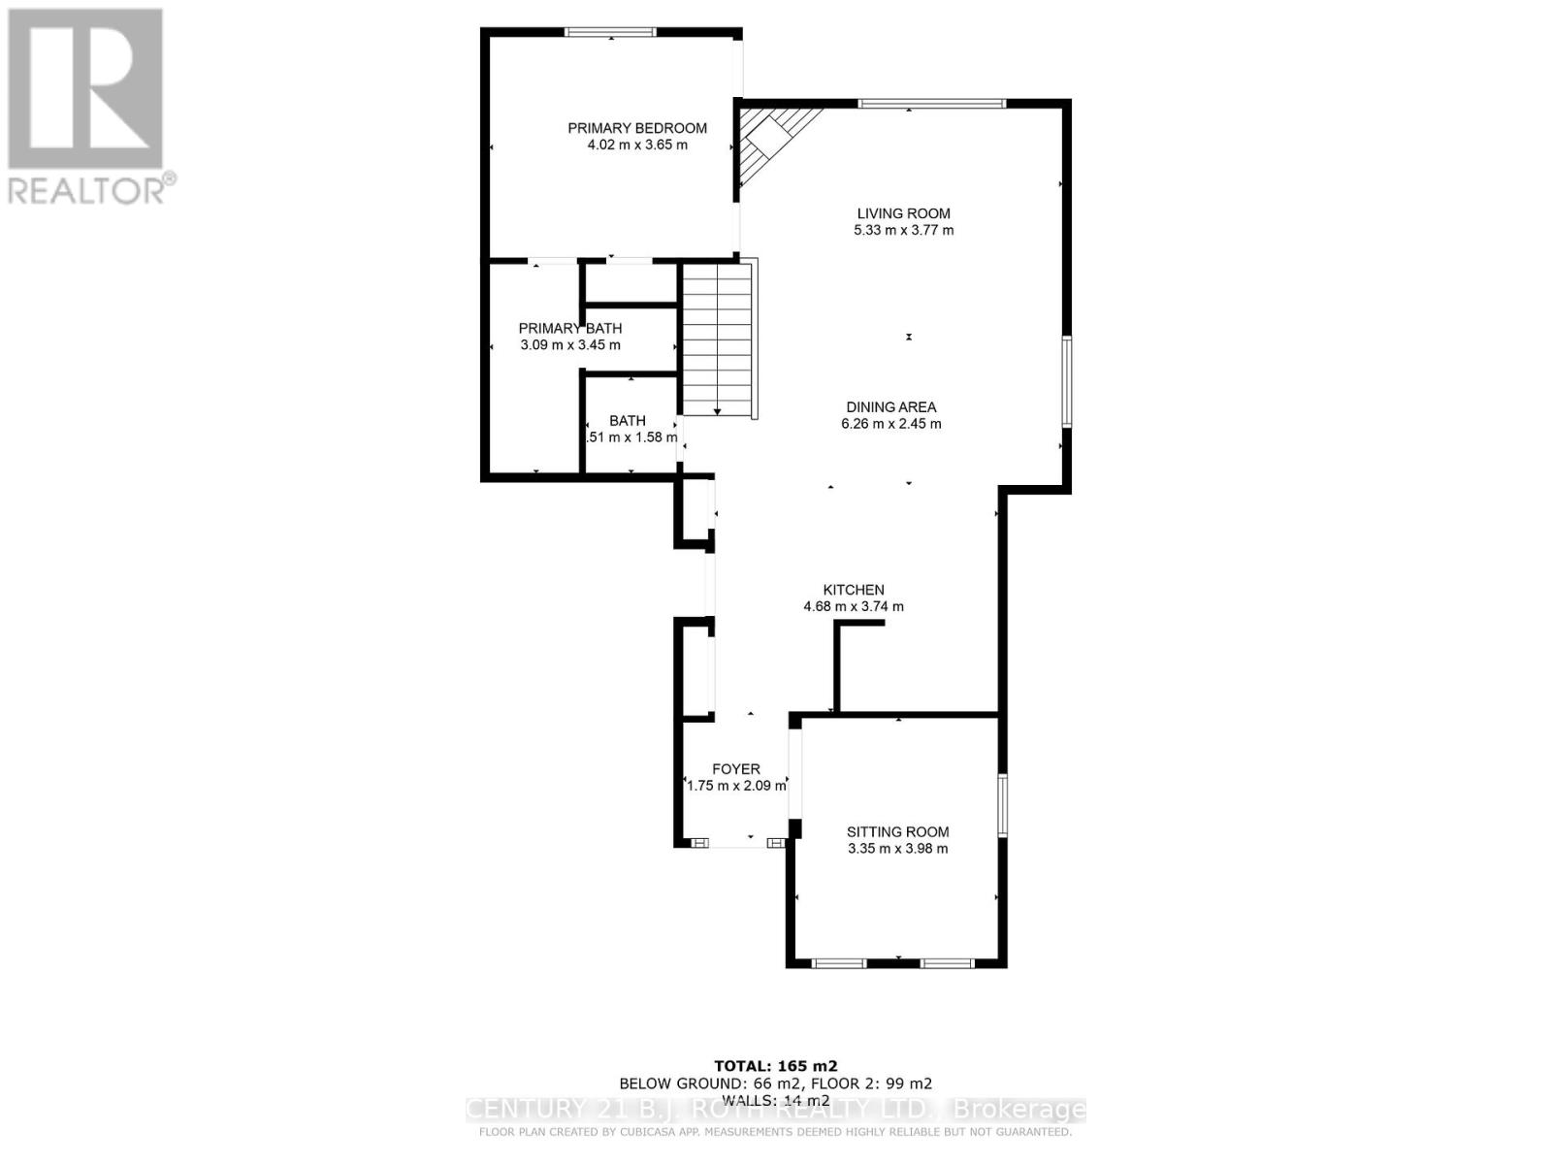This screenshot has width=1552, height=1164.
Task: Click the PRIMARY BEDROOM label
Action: pos(636,128)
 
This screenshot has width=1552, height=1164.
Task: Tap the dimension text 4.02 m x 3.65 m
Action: pos(636,145)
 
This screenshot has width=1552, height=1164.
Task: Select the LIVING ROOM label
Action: pos(903,213)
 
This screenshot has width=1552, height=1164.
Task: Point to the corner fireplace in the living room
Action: pos(771,141)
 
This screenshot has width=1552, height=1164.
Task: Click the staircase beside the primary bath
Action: pos(718,339)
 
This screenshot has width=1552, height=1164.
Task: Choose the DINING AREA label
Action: pos(890,407)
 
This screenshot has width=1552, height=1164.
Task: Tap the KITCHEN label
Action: pos(854,590)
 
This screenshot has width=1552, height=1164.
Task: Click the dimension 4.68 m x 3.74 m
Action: pos(854,607)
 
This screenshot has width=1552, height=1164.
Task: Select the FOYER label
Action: pos(736,769)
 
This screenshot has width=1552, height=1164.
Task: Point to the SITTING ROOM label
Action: pos(897,831)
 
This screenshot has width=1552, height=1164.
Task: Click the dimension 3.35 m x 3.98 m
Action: pos(897,849)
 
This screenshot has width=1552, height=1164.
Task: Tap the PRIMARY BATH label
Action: pos(570,328)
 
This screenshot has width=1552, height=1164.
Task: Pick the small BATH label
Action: pos(628,421)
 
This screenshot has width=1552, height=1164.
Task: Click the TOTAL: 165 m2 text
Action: pos(775,1065)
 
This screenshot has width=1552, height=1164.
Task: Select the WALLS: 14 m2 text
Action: pos(775,1100)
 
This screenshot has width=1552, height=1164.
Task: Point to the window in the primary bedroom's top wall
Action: pos(611,33)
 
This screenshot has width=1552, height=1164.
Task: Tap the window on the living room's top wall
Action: pos(931,104)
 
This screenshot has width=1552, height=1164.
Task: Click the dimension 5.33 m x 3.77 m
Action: pos(903,231)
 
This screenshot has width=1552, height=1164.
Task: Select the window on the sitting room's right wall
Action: pos(1003,804)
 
